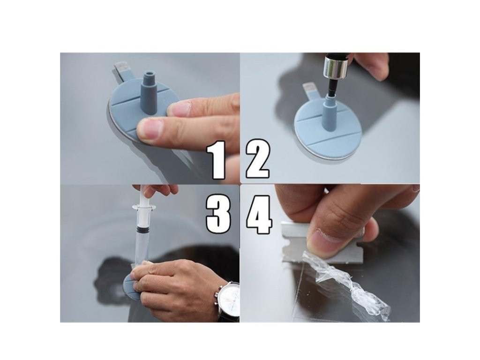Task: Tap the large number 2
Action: click(258, 159)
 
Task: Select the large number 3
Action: click(218, 215)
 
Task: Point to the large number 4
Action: click(259, 215)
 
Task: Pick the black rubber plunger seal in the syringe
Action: click(142, 228)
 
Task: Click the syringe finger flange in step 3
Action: click(144, 208)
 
